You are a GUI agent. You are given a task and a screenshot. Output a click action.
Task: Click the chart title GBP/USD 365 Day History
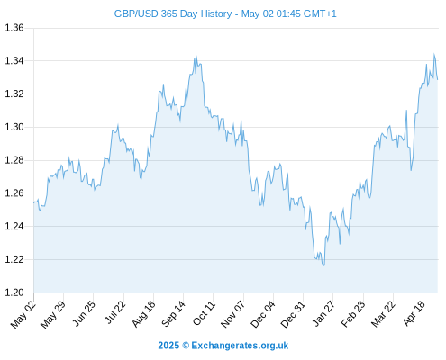[173, 13]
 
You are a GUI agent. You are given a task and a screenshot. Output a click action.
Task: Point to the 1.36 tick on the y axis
[14, 28]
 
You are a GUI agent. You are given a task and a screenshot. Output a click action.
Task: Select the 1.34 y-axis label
[14, 61]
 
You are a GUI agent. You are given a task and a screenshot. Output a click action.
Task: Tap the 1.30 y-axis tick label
[14, 127]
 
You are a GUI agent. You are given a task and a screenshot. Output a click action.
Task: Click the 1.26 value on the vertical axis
[14, 193]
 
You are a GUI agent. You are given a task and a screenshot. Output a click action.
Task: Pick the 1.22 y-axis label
[14, 259]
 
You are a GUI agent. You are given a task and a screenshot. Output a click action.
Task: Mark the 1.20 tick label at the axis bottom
[14, 292]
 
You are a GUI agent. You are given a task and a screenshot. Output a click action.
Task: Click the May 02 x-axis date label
[23, 314]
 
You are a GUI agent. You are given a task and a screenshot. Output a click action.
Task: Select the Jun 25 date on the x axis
[84, 313]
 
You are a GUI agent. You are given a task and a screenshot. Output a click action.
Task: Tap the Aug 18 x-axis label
[144, 314]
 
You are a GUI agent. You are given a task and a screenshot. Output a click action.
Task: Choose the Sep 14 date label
[173, 313]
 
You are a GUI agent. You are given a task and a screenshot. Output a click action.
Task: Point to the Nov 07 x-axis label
[232, 314]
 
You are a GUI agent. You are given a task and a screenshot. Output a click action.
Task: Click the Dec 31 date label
[293, 314]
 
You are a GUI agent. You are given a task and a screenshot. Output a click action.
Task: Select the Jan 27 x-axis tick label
[323, 313]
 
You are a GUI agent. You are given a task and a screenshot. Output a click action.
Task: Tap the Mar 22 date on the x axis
[383, 314]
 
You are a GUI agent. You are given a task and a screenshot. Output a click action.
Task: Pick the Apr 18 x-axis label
[414, 313]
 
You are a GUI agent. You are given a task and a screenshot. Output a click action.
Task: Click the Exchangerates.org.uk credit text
[240, 346]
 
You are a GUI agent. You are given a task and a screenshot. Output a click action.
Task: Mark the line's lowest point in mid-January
[323, 265]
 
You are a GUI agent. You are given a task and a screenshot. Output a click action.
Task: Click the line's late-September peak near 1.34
[196, 57]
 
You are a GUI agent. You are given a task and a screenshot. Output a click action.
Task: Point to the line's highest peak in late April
[433, 54]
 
